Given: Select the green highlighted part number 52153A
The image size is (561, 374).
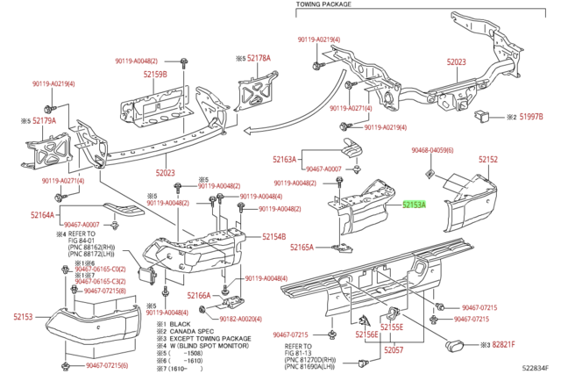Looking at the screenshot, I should click(x=413, y=204).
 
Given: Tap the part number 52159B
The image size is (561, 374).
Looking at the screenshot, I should click(x=154, y=75).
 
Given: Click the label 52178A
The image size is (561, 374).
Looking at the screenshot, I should click(x=258, y=58).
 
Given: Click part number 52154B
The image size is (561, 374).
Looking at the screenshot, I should click(x=273, y=237).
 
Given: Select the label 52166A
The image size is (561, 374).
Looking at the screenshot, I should click(x=199, y=296).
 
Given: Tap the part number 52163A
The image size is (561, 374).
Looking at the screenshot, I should click(x=285, y=160).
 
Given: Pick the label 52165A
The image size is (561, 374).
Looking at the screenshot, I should click(x=302, y=248).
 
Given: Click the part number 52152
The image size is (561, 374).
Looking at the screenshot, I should click(x=488, y=160).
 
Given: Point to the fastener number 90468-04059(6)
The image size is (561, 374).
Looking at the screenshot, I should click(x=432, y=151).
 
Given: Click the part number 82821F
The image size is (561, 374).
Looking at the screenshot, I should click(x=503, y=345).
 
